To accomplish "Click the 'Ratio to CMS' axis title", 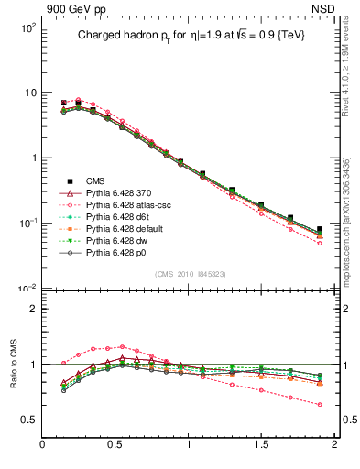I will pos(14,365).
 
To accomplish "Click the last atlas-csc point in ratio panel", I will pos(320,404).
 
